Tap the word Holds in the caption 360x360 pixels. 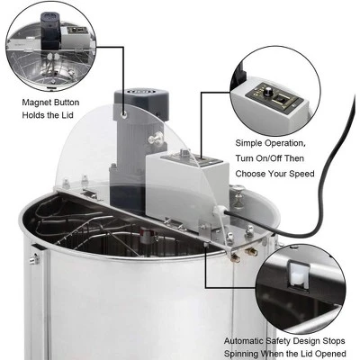click(x=35, y=115)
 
